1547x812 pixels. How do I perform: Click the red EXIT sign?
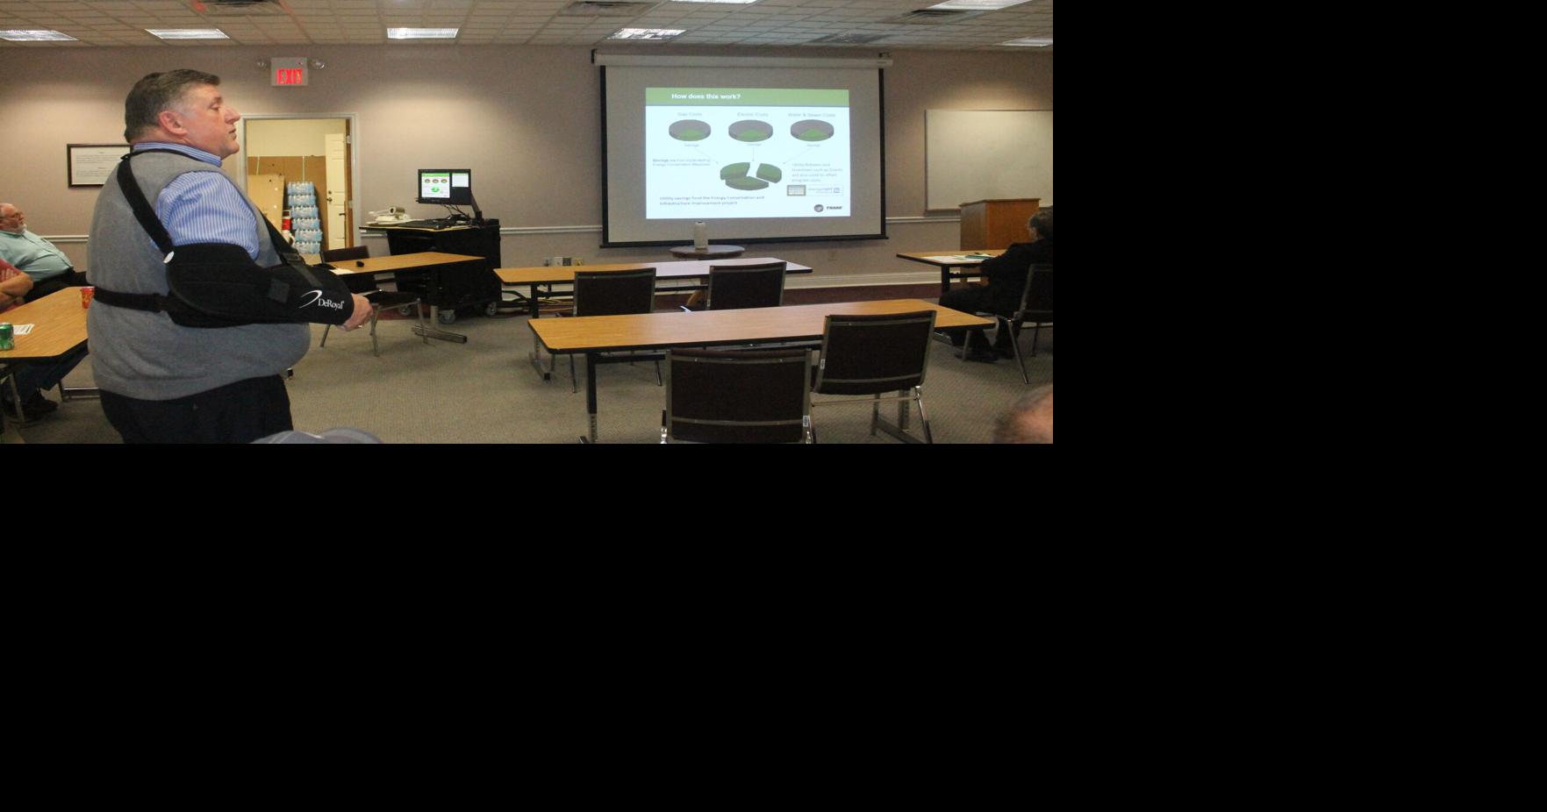[x=289, y=76]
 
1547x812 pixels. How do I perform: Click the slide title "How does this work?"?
[x=705, y=96]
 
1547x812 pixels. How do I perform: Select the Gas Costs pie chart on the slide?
[x=690, y=131]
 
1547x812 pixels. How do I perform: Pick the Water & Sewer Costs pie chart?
[x=812, y=131]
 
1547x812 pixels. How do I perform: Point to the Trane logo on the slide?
[x=829, y=208]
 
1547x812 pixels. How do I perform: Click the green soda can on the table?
[x=6, y=336]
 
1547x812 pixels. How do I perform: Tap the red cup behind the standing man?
[x=87, y=296]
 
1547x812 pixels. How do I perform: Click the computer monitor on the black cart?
[x=444, y=185]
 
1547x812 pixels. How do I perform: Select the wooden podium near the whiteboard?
[x=999, y=224]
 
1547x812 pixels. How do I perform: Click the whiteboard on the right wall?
[x=988, y=159]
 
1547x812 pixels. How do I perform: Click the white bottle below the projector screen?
[x=700, y=235]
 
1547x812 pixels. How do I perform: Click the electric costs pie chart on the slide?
[x=751, y=131]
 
